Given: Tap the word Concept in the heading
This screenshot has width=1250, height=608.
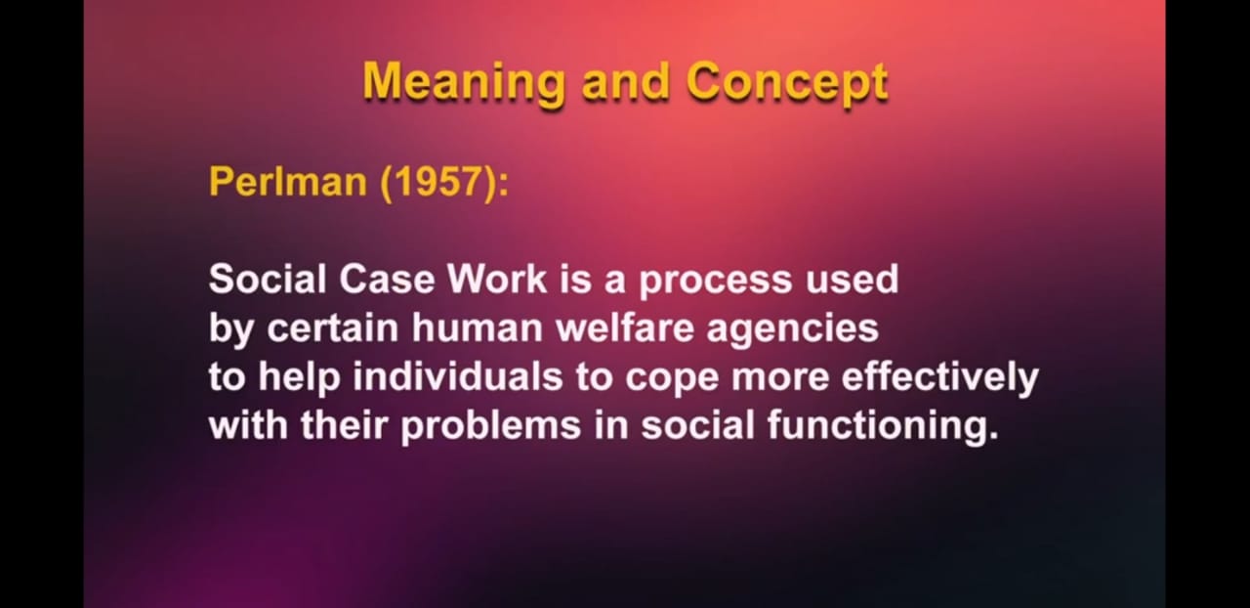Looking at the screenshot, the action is coord(787,83).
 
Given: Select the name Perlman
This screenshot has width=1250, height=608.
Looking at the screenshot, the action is coord(288,182).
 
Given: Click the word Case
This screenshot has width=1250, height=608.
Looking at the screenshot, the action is coord(387,279).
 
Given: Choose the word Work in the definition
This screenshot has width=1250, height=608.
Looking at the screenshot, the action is coord(498,279).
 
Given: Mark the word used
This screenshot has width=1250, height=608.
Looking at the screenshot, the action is coord(853,279).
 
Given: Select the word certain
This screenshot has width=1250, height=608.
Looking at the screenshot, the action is coord(333,328).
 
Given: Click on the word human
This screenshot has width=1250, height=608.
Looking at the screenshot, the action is coord(478,328).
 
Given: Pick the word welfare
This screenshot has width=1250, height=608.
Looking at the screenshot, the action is coord(624,328).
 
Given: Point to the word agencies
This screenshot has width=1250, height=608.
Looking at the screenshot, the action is coord(792,330).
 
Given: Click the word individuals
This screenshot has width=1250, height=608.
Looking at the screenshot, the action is coord(458,376).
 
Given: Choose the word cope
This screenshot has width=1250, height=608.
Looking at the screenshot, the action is coord(671,381).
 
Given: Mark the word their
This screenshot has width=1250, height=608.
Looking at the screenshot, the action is coord(344,425).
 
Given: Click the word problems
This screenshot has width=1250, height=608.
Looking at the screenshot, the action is coord(491,428).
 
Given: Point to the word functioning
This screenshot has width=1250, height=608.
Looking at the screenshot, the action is coord(883,428).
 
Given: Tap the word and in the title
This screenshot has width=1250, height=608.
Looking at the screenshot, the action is coord(626,83).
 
